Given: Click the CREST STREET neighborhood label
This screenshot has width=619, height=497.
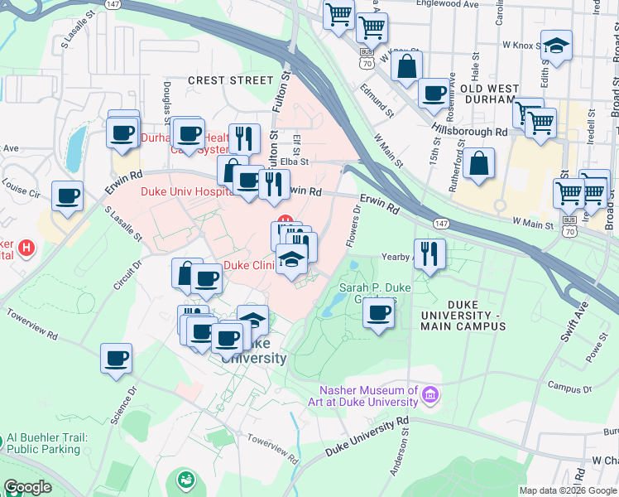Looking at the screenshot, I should (x=230, y=80).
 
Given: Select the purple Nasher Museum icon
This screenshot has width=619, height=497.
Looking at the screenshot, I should (x=429, y=395).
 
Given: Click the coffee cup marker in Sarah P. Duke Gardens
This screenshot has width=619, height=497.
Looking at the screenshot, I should (x=379, y=313).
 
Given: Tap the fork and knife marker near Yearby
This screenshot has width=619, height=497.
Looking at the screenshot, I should (x=429, y=253).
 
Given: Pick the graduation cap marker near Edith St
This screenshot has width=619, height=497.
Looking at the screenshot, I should (x=557, y=46).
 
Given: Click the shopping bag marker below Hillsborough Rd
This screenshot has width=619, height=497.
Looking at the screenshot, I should (x=478, y=164).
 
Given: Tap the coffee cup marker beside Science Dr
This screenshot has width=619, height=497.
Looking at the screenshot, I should (x=117, y=359).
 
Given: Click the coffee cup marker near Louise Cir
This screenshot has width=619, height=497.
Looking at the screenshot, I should (x=67, y=196).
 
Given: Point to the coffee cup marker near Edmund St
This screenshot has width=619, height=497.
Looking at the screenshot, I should (x=434, y=93).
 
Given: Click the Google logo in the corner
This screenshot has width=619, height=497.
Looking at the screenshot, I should (x=27, y=487).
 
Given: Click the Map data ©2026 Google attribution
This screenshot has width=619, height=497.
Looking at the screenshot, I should (x=567, y=490).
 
